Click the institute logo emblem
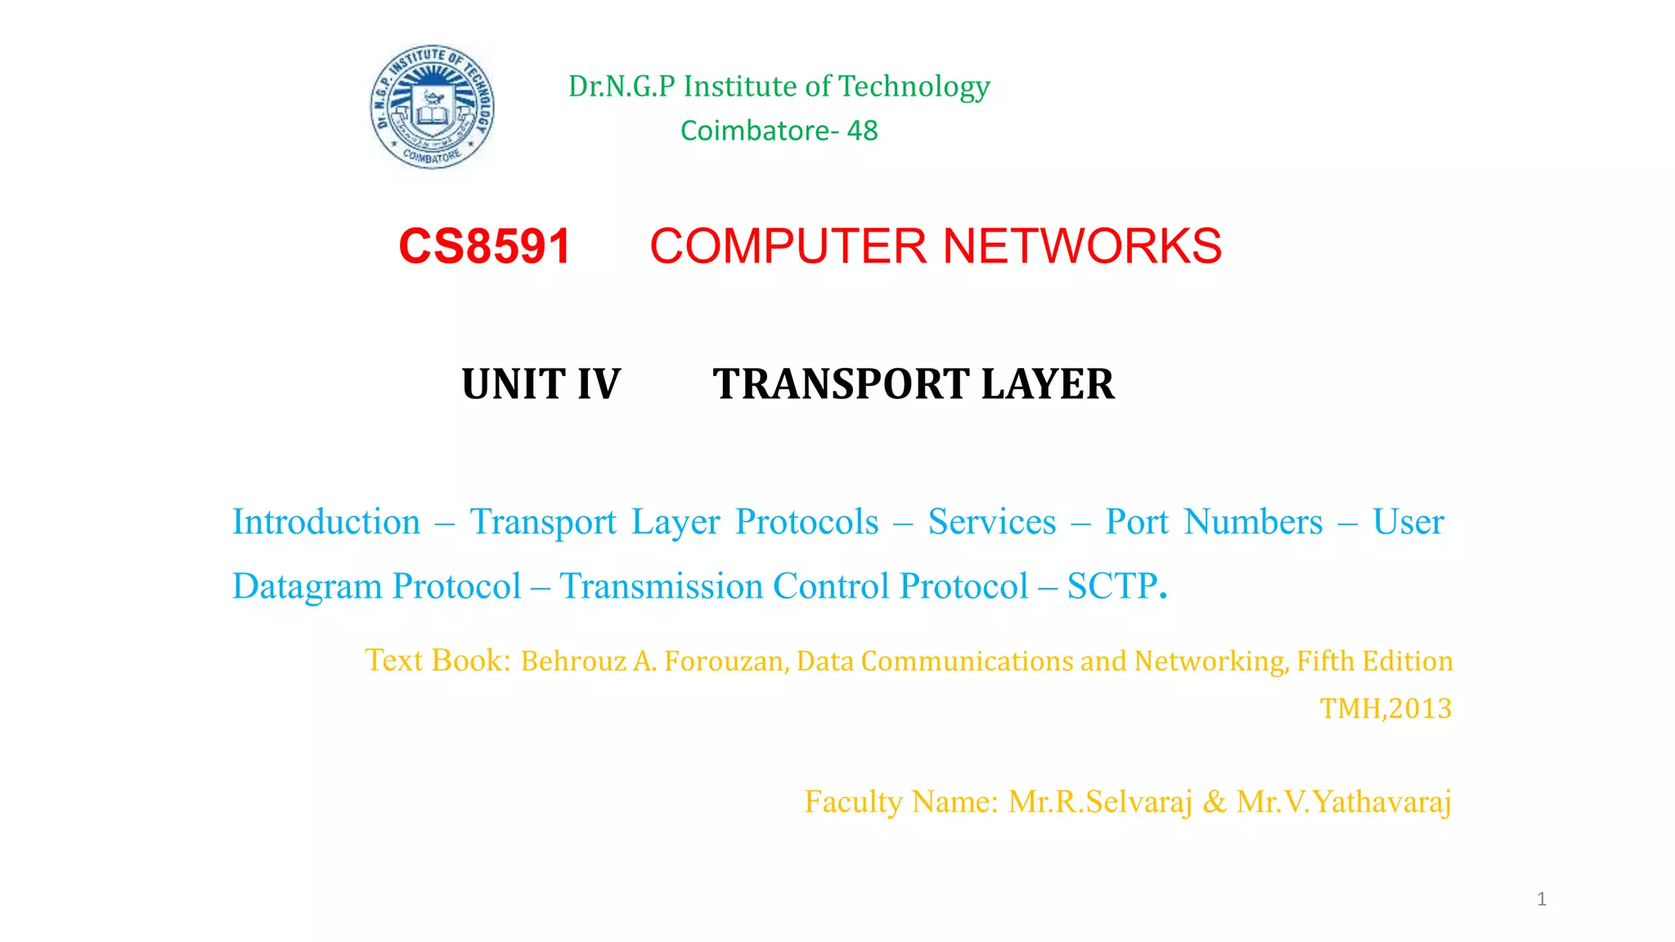coord(432,106)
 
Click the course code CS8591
coord(484,246)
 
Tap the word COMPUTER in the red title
coord(788,246)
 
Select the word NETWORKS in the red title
coord(1082,246)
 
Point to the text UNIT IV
coord(541,384)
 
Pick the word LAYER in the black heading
coord(1048,384)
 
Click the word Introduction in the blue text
coord(326,522)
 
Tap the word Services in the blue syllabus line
coord(991,522)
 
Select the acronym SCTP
coord(1112,586)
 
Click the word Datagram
coord(307,586)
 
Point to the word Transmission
coord(661,586)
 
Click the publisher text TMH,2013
coord(1385,708)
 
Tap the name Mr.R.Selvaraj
coord(1100,801)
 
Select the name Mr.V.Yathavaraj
coord(1344,801)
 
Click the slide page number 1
coord(1542,899)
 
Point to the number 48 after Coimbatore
coord(863,131)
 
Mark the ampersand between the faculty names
coord(1215,801)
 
